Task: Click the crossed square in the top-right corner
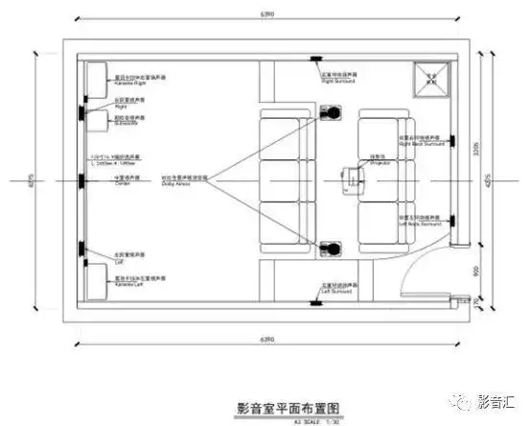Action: coord(428,78)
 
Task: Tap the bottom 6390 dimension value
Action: coord(264,341)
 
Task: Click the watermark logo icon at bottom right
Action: coord(462,401)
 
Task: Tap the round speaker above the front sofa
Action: coord(332,114)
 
